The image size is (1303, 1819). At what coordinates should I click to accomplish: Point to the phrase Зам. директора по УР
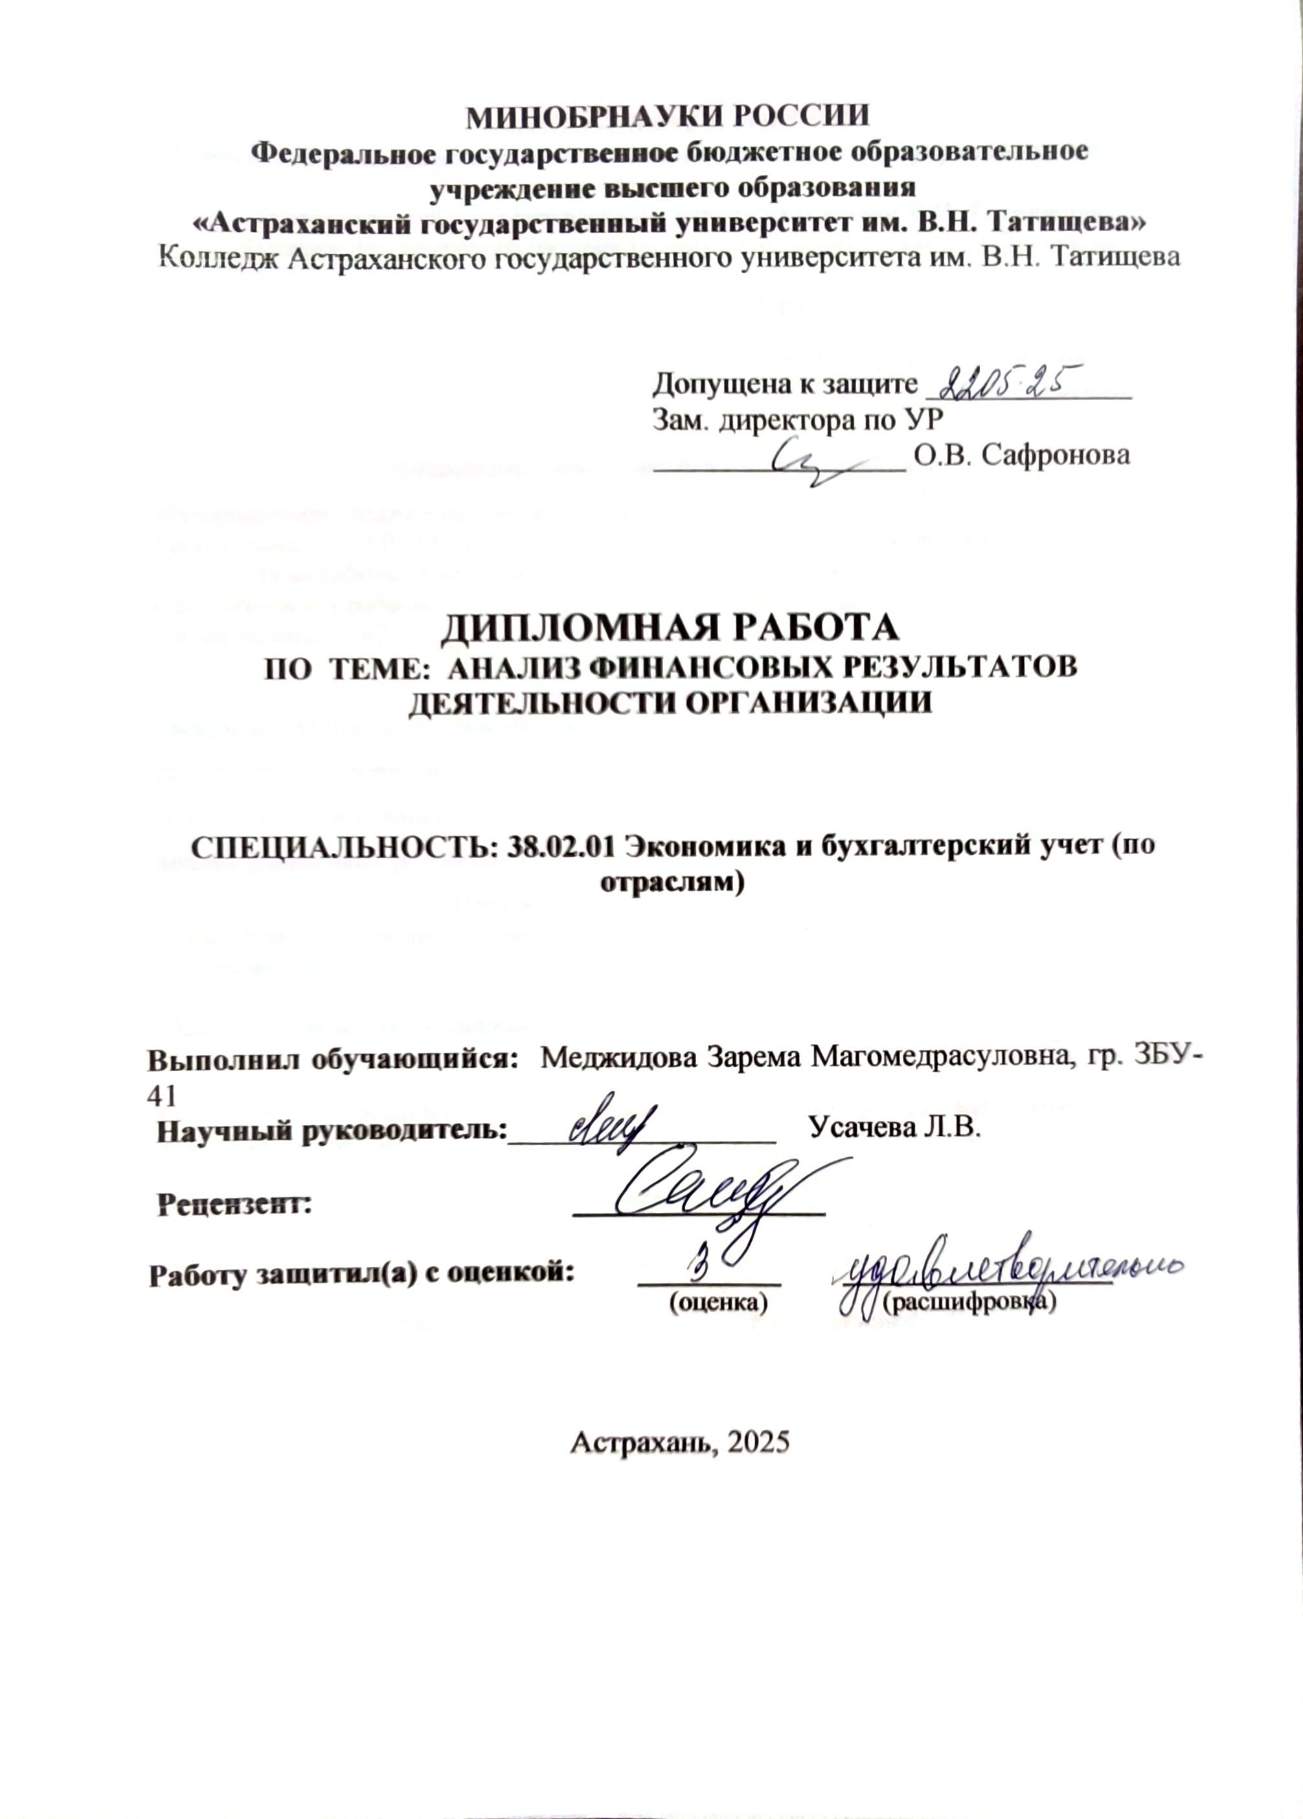point(799,420)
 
